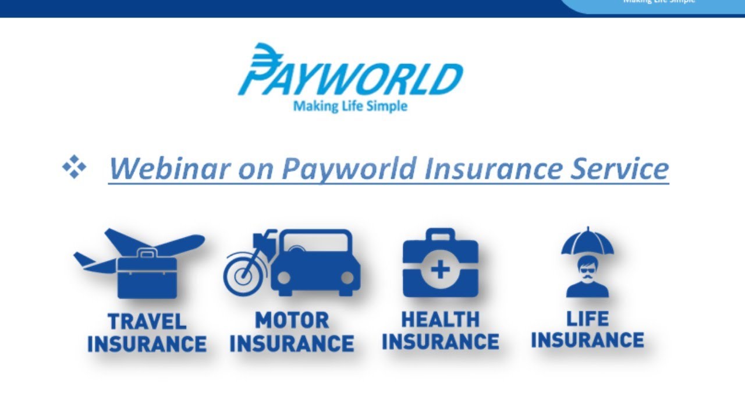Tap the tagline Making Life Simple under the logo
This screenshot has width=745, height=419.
coord(350,106)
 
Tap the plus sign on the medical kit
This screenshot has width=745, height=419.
coord(441,269)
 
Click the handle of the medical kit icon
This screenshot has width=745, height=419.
coord(441,233)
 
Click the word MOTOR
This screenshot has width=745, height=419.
coord(292,321)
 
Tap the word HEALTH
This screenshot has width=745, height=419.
coord(440,319)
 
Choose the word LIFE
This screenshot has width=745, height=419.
coord(587,319)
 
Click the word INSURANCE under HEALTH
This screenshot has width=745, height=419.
coord(440,342)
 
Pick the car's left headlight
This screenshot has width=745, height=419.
coord(284,277)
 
